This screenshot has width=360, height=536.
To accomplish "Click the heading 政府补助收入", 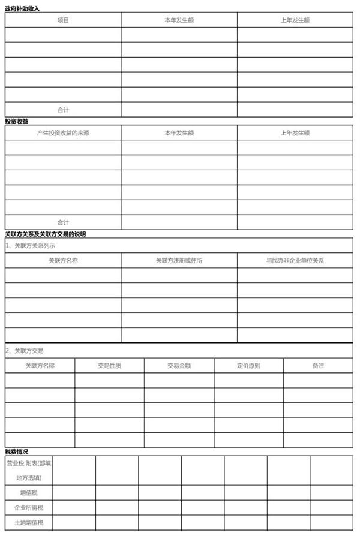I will pyautogui.click(x=22, y=8).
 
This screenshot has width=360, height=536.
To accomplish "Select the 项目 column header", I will pyautogui.click(x=63, y=20).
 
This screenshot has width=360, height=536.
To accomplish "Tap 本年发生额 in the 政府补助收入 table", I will pyautogui.click(x=179, y=20).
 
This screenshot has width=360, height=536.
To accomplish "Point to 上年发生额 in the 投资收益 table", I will pyautogui.click(x=295, y=133).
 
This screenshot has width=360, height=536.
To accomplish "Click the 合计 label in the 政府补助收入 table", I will pyautogui.click(x=63, y=110).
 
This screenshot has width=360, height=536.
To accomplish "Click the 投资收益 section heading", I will pyautogui.click(x=16, y=121).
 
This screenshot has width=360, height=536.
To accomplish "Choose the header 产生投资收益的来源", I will pyautogui.click(x=63, y=133).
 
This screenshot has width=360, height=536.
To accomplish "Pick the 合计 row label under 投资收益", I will pyautogui.click(x=63, y=222).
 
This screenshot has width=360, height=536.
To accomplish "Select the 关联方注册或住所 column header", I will pyautogui.click(x=179, y=261).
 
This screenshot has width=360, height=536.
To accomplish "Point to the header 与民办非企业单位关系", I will pyautogui.click(x=295, y=261).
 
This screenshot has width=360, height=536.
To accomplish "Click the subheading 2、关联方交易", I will pyautogui.click(x=25, y=351).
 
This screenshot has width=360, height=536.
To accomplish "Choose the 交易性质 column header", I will pyautogui.click(x=109, y=365).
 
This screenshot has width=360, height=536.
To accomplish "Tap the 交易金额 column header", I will pyautogui.click(x=179, y=365).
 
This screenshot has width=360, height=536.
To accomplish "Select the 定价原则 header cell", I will pyautogui.click(x=248, y=365).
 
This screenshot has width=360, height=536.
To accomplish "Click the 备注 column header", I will pyautogui.click(x=318, y=365).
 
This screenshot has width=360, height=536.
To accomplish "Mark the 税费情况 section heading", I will pyautogui.click(x=16, y=451).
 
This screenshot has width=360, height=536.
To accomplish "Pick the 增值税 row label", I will pyautogui.click(x=29, y=493).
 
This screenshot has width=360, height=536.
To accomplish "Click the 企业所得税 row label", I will pyautogui.click(x=29, y=508).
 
